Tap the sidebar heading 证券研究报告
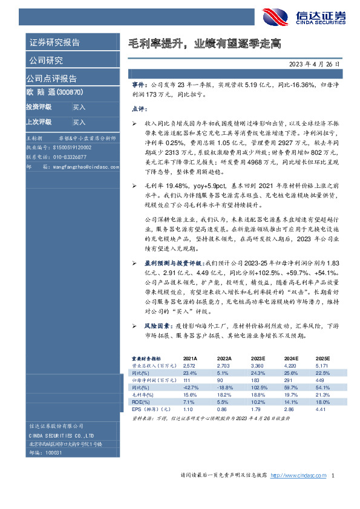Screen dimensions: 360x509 tap(54, 42)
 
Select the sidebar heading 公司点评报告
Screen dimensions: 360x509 tap(51, 79)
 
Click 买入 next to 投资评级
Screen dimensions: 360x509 tap(79, 107)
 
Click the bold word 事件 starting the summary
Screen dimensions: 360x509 tap(139, 87)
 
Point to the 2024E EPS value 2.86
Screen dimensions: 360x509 tap(287, 409)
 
